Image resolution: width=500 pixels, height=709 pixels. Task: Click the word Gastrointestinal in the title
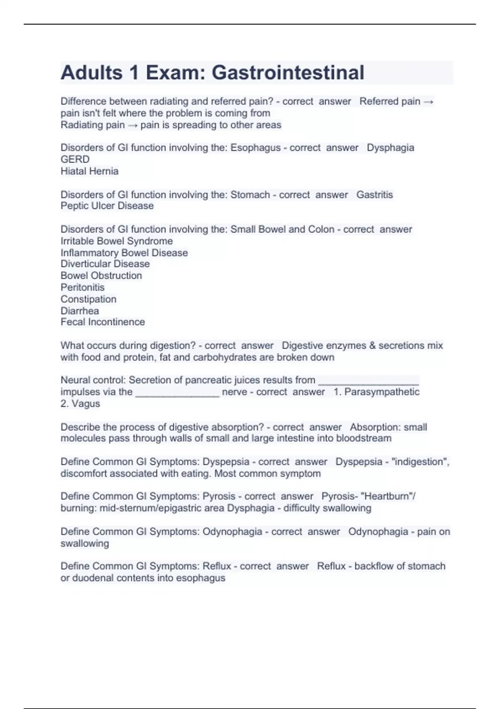pyautogui.click(x=288, y=73)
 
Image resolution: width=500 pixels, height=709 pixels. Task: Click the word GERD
pyautogui.click(x=75, y=159)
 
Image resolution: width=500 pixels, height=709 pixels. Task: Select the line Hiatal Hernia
pyautogui.click(x=90, y=171)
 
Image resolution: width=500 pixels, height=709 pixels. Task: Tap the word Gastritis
pyautogui.click(x=375, y=195)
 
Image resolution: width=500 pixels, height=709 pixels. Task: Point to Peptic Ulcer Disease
pyautogui.click(x=107, y=206)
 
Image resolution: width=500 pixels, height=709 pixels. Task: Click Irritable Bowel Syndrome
pyautogui.click(x=117, y=241)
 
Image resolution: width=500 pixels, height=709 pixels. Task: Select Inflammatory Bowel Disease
pyautogui.click(x=124, y=253)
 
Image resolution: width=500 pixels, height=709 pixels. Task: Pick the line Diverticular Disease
pyautogui.click(x=105, y=264)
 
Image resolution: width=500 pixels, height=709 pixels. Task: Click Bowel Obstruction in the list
pyautogui.click(x=101, y=276)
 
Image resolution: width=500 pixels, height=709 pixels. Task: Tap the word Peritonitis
pyautogui.click(x=82, y=287)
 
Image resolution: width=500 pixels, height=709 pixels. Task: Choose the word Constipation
pyautogui.click(x=88, y=299)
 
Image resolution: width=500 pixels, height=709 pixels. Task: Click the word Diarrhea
pyautogui.click(x=80, y=311)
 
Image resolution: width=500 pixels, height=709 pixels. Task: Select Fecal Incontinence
pyautogui.click(x=102, y=322)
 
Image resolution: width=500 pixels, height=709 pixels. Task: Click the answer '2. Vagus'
pyautogui.click(x=80, y=404)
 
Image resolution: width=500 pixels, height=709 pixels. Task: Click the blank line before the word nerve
pyautogui.click(x=177, y=394)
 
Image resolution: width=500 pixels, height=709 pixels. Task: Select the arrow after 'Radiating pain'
pyautogui.click(x=132, y=125)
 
